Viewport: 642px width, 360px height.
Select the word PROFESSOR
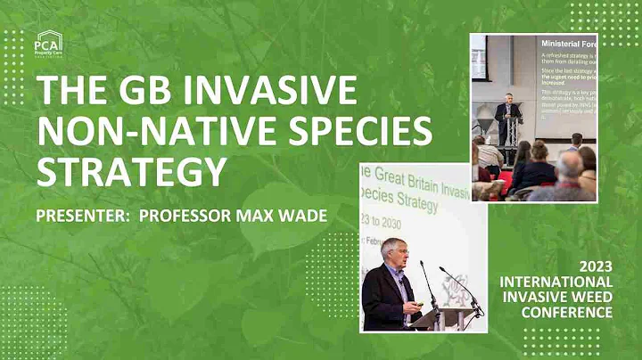(x=187, y=217)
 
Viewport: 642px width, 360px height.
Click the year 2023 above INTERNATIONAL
(x=596, y=266)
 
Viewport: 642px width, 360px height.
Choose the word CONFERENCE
(x=569, y=312)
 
